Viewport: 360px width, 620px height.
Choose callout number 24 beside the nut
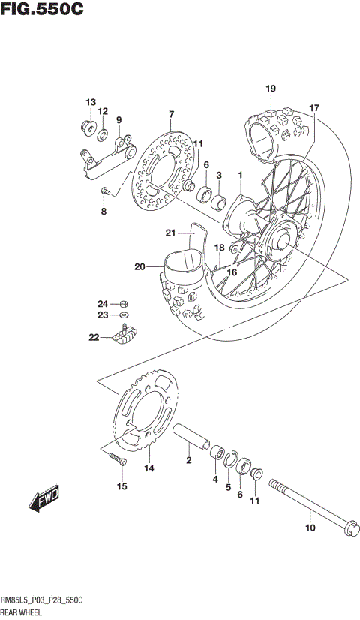click(101, 303)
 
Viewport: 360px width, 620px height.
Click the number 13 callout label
click(90, 102)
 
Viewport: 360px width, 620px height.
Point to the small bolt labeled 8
click(106, 191)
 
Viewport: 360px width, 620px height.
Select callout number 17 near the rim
click(314, 108)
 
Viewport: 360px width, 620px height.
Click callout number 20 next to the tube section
click(140, 266)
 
